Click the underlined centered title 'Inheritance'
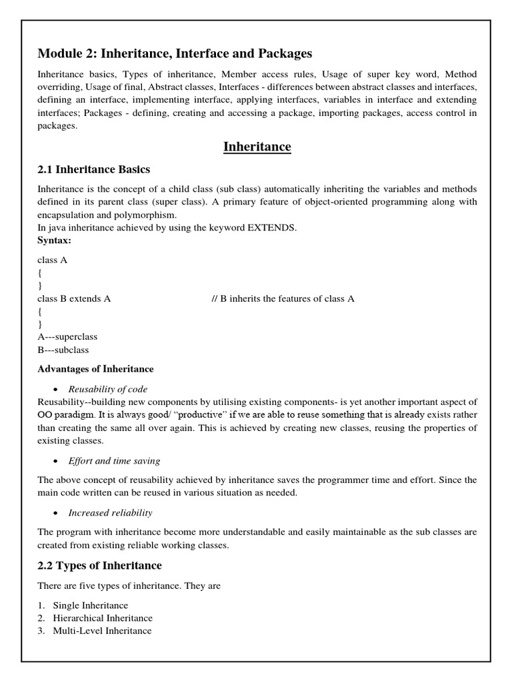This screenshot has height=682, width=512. (257, 147)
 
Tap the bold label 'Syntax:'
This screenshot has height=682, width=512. (54, 240)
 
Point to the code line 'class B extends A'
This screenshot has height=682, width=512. (74, 298)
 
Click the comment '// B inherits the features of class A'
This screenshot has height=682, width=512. (283, 298)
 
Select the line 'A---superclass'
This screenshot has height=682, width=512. (67, 337)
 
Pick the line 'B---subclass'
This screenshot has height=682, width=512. (63, 350)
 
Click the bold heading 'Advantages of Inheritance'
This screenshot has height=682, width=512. (96, 369)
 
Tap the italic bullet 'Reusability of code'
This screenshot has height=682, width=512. (108, 389)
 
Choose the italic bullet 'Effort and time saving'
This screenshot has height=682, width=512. (114, 461)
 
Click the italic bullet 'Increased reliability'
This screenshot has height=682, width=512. (111, 513)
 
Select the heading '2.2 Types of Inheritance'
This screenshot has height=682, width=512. (100, 565)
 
